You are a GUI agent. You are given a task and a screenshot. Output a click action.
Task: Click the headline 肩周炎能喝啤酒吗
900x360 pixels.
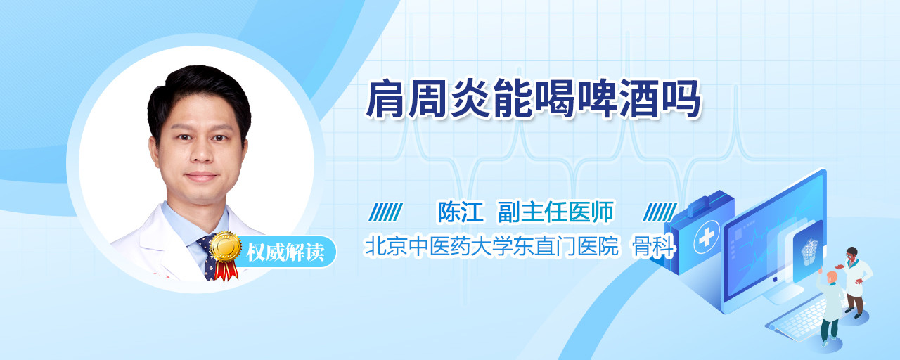pyautogui.click(x=533, y=99)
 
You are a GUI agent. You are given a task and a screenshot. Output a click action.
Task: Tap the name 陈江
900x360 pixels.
pyautogui.click(x=460, y=212)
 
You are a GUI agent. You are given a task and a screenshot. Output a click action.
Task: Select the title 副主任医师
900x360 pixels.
pyautogui.click(x=555, y=212)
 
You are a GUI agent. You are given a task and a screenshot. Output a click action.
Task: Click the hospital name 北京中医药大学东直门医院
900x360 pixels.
pyautogui.click(x=491, y=246)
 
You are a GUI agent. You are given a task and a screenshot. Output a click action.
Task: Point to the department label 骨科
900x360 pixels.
pyautogui.click(x=653, y=246)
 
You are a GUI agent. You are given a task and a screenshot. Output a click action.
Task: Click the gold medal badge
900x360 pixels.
pyautogui.click(x=226, y=246)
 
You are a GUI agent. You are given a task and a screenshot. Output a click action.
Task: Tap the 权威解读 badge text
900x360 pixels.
pyautogui.click(x=285, y=252)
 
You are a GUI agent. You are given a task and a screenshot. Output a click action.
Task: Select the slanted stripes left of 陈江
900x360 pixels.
pyautogui.click(x=386, y=212)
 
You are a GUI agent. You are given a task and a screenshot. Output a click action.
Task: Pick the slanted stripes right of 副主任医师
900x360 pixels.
pyautogui.click(x=660, y=212)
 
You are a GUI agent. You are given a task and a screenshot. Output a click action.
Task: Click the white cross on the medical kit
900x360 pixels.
pyautogui.click(x=706, y=238)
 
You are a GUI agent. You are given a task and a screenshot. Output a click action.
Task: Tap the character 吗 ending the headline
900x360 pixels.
pyautogui.click(x=681, y=99)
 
